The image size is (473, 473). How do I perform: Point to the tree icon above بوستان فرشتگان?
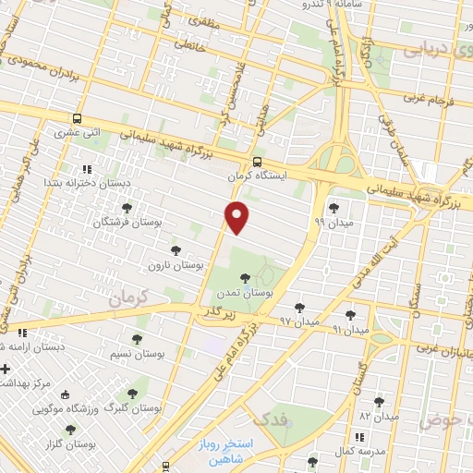pyautogui.click(x=127, y=207)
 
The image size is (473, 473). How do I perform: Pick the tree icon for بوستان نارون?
pyautogui.click(x=176, y=250)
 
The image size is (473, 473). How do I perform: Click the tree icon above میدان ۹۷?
pyautogui.click(x=298, y=307)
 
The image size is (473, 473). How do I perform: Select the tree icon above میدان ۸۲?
pyautogui.click(x=379, y=401)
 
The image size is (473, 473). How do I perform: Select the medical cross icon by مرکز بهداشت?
pyautogui.click(x=6, y=369)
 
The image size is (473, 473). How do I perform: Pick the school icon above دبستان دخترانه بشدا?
pyautogui.click(x=86, y=169)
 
